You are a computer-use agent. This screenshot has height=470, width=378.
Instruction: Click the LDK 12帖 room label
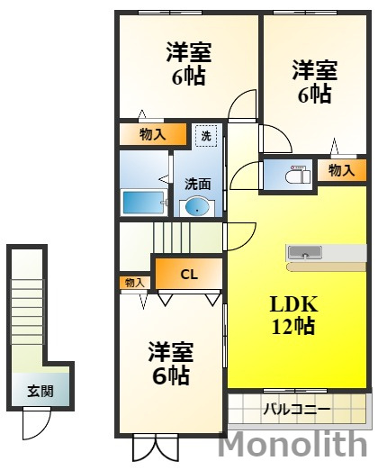click(x=293, y=315)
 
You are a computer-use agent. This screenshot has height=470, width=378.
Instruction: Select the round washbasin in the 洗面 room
click(x=197, y=206)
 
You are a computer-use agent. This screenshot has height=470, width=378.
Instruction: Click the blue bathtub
click(x=143, y=203)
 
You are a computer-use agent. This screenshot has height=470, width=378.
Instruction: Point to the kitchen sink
click(x=305, y=253)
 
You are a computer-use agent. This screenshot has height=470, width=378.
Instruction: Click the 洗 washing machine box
click(x=206, y=136)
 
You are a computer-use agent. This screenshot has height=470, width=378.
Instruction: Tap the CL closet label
click(x=189, y=275)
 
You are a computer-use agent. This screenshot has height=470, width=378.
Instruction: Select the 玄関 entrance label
click(x=40, y=391)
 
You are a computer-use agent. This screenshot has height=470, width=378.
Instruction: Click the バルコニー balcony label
click(x=296, y=410)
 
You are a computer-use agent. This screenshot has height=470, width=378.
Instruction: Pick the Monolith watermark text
click(x=293, y=444)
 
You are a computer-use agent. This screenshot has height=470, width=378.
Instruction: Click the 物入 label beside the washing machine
click(x=153, y=134)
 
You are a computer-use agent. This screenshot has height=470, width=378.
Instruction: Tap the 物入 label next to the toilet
click(x=342, y=170)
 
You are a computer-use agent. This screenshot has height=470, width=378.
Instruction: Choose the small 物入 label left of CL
click(x=133, y=283)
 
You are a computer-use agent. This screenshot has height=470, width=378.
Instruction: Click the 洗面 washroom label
click(x=197, y=184)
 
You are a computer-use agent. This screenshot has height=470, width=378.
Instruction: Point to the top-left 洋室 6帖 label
click(x=189, y=64)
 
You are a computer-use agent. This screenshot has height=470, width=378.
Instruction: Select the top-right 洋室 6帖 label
click(x=315, y=82)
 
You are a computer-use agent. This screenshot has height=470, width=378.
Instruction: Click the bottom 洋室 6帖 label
click(x=171, y=363)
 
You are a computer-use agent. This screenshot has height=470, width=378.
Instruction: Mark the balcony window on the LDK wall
click(x=295, y=391)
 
